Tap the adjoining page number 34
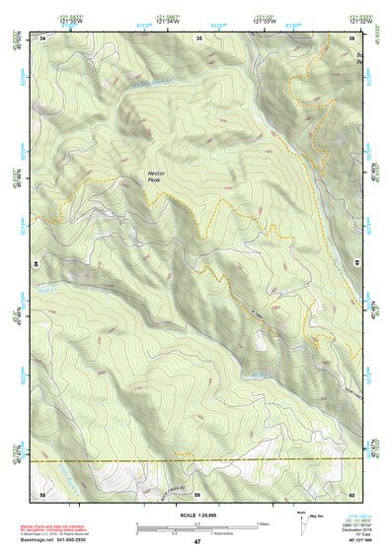pos(42,38)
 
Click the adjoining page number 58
pos(42,493)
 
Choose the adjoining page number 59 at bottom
pos(197,493)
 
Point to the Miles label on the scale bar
pos(264,523)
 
